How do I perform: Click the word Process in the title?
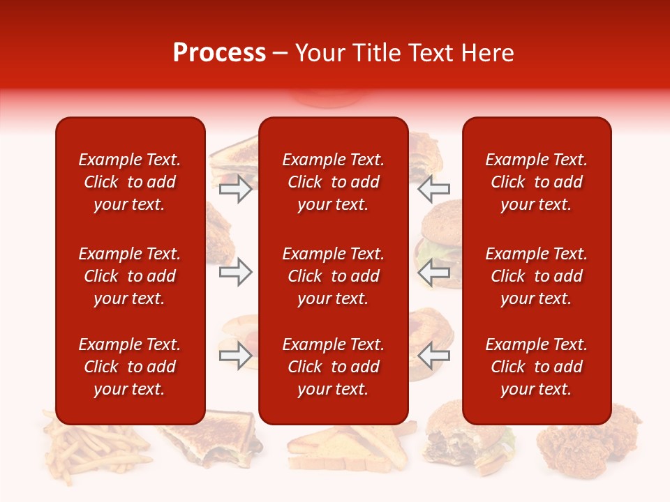219,53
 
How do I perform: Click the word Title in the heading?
378,53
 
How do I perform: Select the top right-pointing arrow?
235,189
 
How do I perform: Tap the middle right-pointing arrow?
235,272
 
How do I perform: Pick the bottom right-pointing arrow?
235,356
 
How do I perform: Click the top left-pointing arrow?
434,189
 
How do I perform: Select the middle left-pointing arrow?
434,272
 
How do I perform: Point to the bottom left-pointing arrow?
434,356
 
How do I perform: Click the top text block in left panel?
130,182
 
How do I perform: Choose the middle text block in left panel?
130,276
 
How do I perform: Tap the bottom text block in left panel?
130,367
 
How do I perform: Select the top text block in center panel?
333,182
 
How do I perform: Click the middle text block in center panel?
333,276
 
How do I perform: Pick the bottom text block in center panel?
333,367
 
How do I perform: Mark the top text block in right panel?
536,182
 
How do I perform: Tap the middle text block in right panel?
536,276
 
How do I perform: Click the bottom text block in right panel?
536,367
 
